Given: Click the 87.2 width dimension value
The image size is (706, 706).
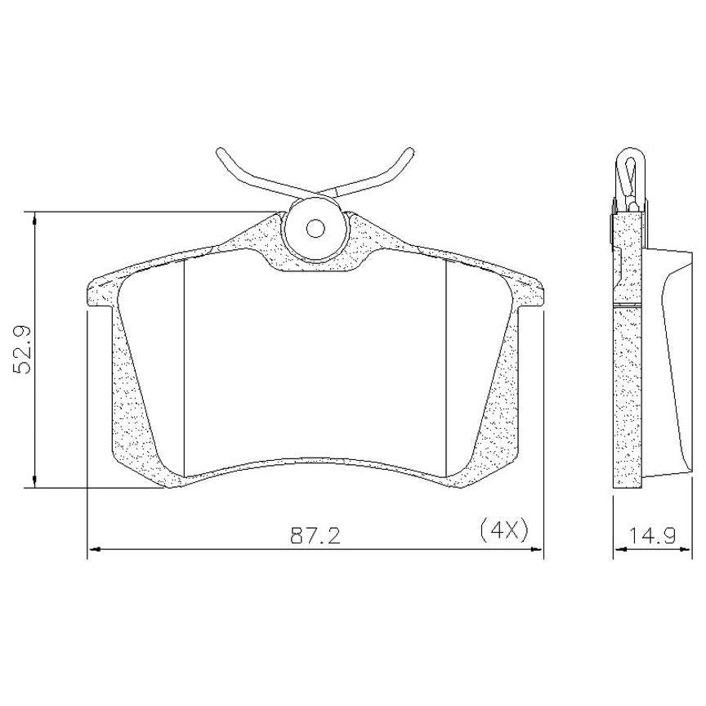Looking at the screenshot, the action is coord(315,535).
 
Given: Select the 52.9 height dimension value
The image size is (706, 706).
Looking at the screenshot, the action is coord(23,349).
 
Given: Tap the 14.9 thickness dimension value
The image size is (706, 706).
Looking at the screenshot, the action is coord(652,535).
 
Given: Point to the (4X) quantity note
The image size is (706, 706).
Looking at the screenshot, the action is coord(503,531).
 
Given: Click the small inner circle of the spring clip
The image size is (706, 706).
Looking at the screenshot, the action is coord(315,228).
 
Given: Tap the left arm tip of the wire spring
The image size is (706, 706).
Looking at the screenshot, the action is coord(219,152).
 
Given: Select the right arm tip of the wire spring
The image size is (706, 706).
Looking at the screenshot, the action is coord(409,151).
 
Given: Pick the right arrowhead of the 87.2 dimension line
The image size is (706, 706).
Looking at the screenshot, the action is coord(536,549).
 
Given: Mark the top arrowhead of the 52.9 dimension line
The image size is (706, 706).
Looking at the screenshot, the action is coord(34,218).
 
